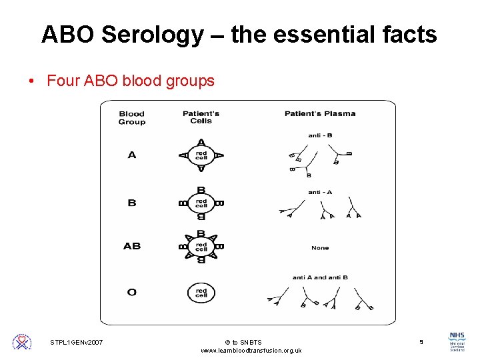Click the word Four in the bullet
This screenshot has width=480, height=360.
tap(64, 81)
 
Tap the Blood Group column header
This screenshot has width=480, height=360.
tap(131, 117)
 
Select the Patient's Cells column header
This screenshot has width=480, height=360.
tap(201, 117)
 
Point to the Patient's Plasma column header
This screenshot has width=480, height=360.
tap(320, 113)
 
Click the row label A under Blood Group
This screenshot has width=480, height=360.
tap(131, 155)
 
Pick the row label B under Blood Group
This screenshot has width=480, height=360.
tap(131, 202)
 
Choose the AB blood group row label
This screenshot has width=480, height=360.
tap(131, 246)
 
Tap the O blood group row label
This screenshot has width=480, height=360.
tap(131, 291)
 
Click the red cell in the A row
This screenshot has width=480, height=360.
tap(201, 155)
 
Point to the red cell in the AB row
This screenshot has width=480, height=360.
tap(201, 246)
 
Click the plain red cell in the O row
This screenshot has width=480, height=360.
tap(201, 291)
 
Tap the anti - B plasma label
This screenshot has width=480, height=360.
tap(320, 135)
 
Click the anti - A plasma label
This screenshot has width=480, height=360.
tap(320, 192)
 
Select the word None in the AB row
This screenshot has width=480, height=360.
tap(320, 248)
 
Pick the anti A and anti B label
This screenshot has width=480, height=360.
tap(320, 277)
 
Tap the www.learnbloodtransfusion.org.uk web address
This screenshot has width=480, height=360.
tap(251, 351)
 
